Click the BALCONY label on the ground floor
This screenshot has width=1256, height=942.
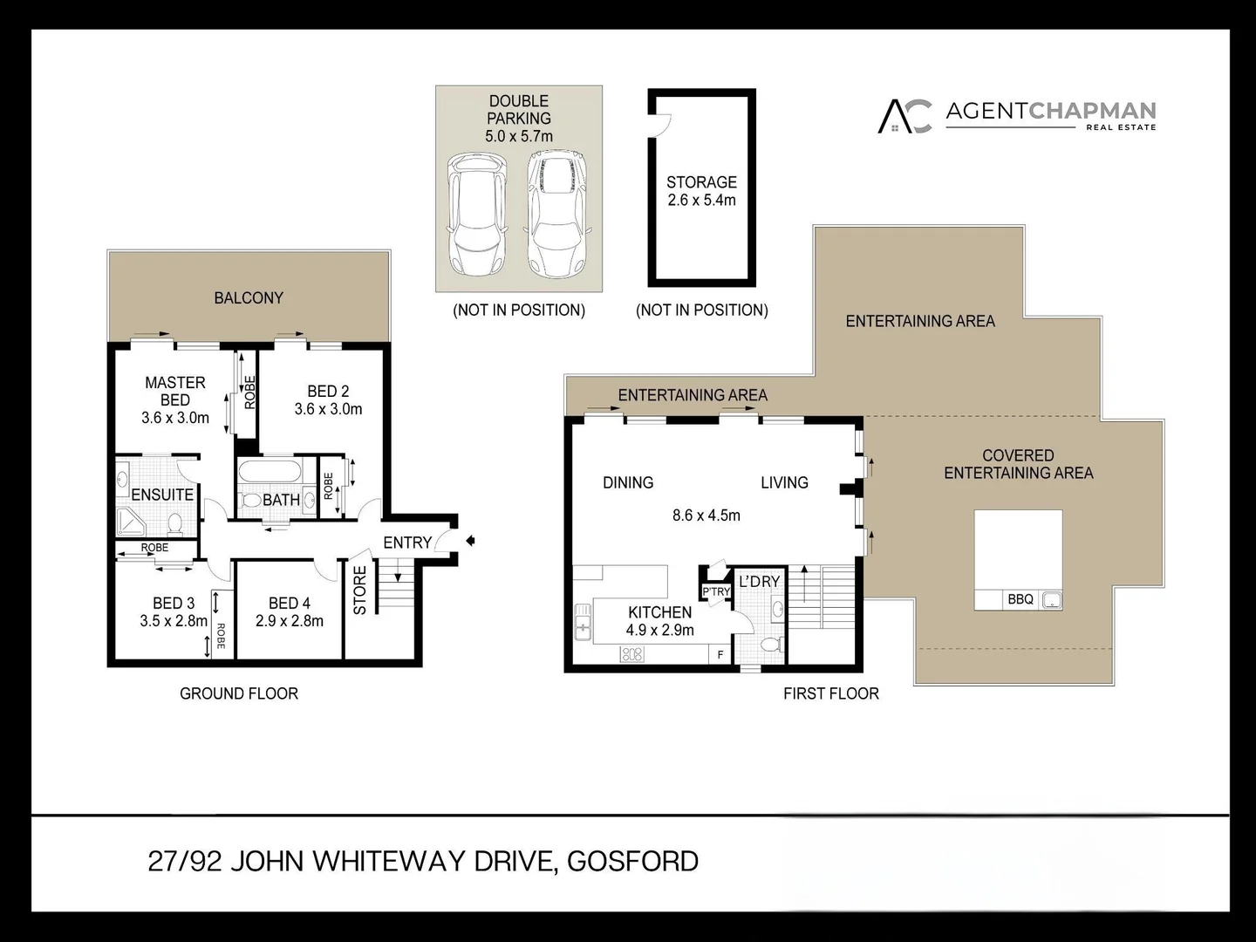pyautogui.click(x=249, y=298)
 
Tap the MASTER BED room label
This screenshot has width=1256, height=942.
pyautogui.click(x=175, y=392)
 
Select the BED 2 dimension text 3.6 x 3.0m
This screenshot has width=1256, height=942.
pyautogui.click(x=328, y=409)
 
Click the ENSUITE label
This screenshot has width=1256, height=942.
pyautogui.click(x=162, y=495)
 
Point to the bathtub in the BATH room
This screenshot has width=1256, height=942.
pyautogui.click(x=270, y=473)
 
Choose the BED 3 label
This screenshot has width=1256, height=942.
pyautogui.click(x=174, y=604)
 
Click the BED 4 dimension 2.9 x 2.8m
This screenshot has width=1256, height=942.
pyautogui.click(x=290, y=621)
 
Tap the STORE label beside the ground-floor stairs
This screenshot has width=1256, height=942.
pyautogui.click(x=360, y=590)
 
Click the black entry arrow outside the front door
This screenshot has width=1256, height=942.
pyautogui.click(x=470, y=541)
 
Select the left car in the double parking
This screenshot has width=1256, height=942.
pyautogui.click(x=476, y=214)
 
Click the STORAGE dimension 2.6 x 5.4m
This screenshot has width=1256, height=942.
pyautogui.click(x=701, y=200)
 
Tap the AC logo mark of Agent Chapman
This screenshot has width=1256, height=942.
pyautogui.click(x=904, y=116)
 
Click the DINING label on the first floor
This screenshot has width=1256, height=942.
pyautogui.click(x=628, y=482)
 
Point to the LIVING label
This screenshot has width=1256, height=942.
pyautogui.click(x=784, y=482)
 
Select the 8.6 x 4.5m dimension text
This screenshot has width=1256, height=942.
pyautogui.click(x=706, y=515)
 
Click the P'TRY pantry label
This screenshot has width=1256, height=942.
pyautogui.click(x=716, y=591)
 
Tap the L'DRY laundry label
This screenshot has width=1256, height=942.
pyautogui.click(x=759, y=582)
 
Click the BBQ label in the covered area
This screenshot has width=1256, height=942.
pyautogui.click(x=1020, y=599)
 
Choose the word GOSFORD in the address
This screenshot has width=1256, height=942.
pyautogui.click(x=632, y=862)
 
